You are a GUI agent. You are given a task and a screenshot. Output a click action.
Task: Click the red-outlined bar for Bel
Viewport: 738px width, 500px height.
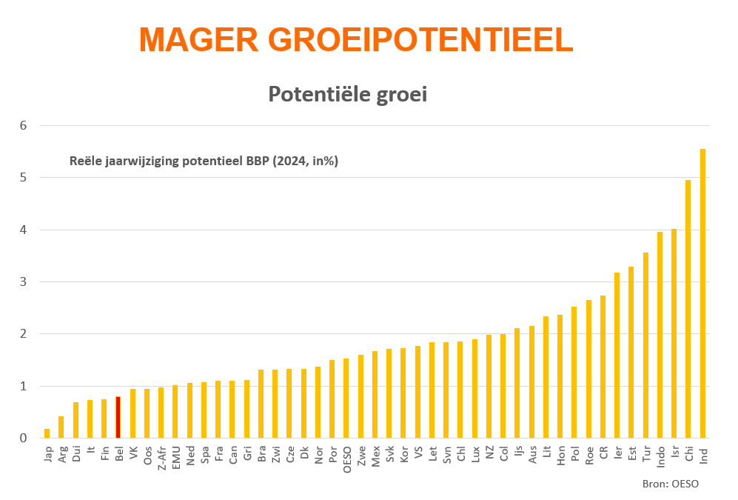point(118,418)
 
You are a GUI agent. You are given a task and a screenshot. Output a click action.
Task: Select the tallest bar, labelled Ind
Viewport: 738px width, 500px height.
point(702,296)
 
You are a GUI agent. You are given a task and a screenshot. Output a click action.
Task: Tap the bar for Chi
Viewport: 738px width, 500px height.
point(688,311)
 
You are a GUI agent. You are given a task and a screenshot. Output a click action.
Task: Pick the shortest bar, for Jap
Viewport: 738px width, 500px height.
point(47,433)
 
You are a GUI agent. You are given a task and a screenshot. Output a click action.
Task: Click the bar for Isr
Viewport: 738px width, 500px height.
point(674,333)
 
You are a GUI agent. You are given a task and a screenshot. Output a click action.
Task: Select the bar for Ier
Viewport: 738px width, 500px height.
point(617,356)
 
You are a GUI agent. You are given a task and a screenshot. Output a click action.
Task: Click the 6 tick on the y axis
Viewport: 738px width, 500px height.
point(24,125)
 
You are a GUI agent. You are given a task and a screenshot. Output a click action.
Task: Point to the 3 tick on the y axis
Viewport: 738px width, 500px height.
point(24,281)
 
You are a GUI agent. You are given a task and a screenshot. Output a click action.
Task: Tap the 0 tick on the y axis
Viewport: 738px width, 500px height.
point(24,438)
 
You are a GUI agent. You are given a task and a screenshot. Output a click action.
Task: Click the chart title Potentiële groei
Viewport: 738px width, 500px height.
point(347,95)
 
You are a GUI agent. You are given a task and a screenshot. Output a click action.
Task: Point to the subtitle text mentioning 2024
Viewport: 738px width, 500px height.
point(204,161)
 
